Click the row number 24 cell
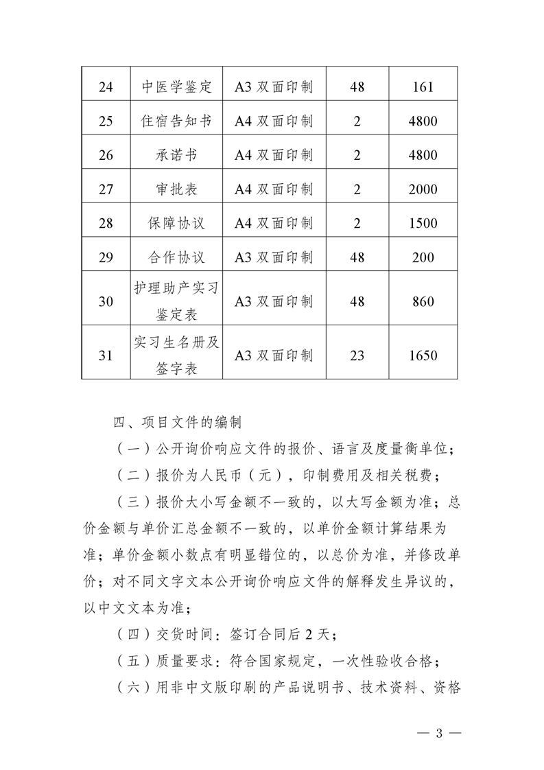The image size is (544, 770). pyautogui.click(x=106, y=88)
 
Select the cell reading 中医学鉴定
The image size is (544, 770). pyautogui.click(x=176, y=88)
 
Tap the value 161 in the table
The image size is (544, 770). pyautogui.click(x=423, y=88)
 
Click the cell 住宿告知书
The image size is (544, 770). pyautogui.click(x=176, y=121)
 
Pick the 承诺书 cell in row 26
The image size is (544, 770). pyautogui.click(x=176, y=155)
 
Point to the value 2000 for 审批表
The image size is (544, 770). pyautogui.click(x=423, y=189)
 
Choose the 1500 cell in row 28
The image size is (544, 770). pyautogui.click(x=423, y=224)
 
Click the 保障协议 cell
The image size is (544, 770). pyautogui.click(x=176, y=224)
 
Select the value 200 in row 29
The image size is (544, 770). pyautogui.click(x=423, y=258)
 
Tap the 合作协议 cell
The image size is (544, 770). pyautogui.click(x=176, y=258)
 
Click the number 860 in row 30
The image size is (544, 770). pyautogui.click(x=423, y=301)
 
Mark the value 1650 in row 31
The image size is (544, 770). pyautogui.click(x=423, y=355)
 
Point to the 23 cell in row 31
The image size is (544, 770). pyautogui.click(x=357, y=355)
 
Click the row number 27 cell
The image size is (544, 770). pyautogui.click(x=106, y=189)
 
